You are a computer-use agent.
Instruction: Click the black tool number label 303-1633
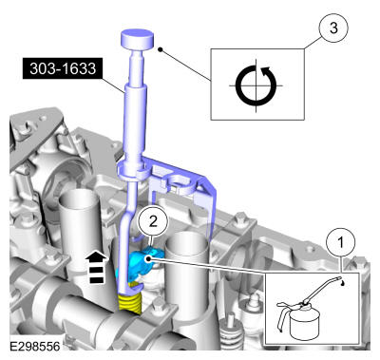point(63,68)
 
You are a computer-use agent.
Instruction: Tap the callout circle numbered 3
point(333,28)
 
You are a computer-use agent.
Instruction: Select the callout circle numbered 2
point(153,221)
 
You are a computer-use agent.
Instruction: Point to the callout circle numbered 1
point(341,243)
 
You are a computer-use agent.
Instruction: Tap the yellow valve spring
point(129,303)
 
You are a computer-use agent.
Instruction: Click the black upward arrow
point(97,266)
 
